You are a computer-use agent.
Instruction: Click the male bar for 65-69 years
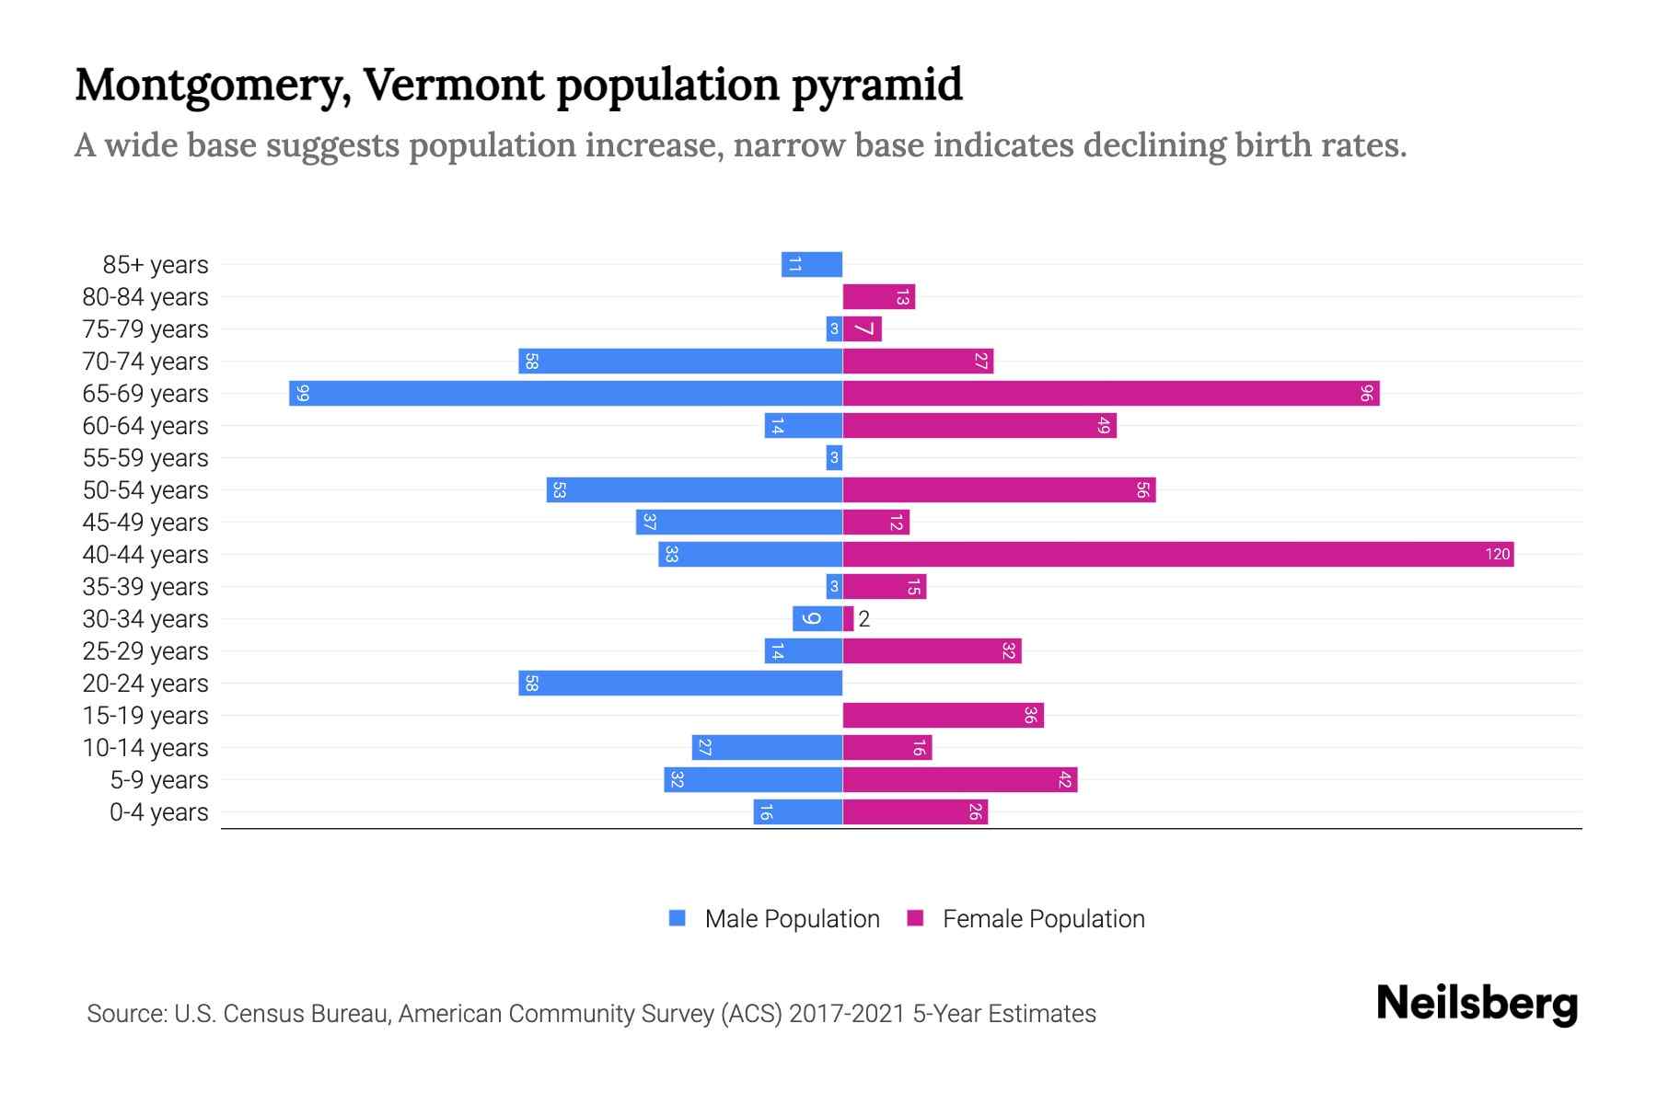pyautogui.click(x=565, y=394)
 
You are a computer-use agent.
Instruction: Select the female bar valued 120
pyautogui.click(x=1178, y=555)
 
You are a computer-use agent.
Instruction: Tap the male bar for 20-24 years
pyautogui.click(x=680, y=684)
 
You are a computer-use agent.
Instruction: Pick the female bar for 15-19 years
pyautogui.click(x=944, y=716)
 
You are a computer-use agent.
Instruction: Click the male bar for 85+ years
pyautogui.click(x=812, y=265)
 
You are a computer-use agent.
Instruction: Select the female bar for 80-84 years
pyautogui.click(x=879, y=297)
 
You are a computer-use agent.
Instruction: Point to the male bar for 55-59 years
pyautogui.click(x=834, y=458)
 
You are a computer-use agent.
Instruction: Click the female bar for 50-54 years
pyautogui.click(x=999, y=490)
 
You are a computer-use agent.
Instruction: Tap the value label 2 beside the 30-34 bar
pyautogui.click(x=864, y=619)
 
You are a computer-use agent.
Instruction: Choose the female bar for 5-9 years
pyautogui.click(x=960, y=780)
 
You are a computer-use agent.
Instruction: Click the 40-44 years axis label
pyautogui.click(x=145, y=555)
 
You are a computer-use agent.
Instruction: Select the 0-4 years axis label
pyautogui.click(x=158, y=812)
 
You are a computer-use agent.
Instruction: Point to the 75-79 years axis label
pyautogui.click(x=145, y=329)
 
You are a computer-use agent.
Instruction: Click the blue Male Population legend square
pyautogui.click(x=678, y=918)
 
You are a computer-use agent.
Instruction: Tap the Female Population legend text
pyautogui.click(x=1043, y=919)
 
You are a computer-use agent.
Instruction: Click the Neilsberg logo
pyautogui.click(x=1477, y=1004)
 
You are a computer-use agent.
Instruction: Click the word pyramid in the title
pyautogui.click(x=876, y=85)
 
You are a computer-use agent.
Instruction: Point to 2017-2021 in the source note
pyautogui.click(x=847, y=1014)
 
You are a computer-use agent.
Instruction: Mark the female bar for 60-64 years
pyautogui.click(x=979, y=426)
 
